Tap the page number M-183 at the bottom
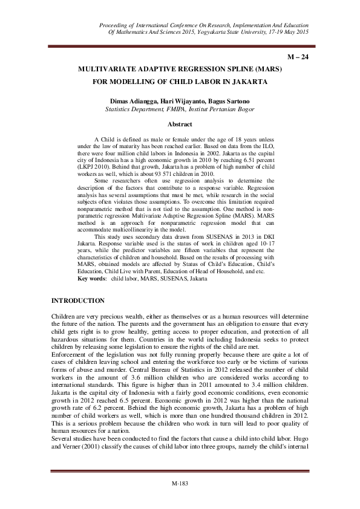point(180,484)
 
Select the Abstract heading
point(180,125)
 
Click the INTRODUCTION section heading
point(78,301)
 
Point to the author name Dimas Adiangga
point(130,100)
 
